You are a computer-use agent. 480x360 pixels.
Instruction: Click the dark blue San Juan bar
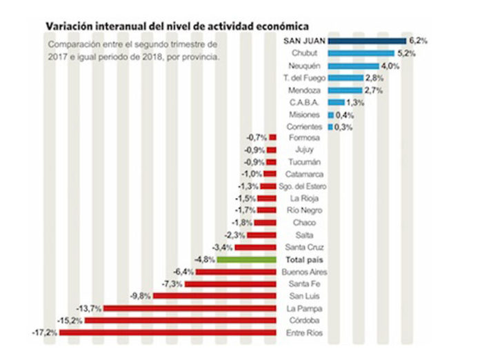pos(367,41)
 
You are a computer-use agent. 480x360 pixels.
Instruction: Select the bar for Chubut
pos(361,54)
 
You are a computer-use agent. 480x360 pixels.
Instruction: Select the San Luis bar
pos(214,296)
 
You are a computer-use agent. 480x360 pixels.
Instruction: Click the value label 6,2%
pos(417,41)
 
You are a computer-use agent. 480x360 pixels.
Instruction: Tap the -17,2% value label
pos(45,333)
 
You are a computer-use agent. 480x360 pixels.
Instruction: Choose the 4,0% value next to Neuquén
pos(391,66)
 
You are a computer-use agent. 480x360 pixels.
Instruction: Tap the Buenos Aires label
pos(305,272)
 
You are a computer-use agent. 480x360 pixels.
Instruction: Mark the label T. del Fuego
pos(304,79)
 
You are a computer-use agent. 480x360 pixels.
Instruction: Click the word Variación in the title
pos(68,26)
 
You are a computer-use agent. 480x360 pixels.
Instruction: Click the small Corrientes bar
pos(330,128)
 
